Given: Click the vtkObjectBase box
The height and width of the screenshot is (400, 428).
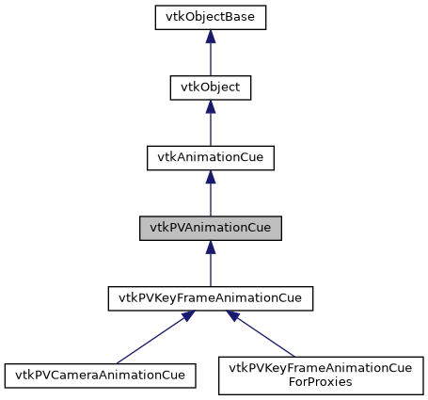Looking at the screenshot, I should pyautogui.click(x=210, y=17).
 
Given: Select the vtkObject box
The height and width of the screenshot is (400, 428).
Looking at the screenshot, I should pyautogui.click(x=210, y=88).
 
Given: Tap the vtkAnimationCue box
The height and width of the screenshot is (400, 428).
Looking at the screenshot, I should pyautogui.click(x=210, y=158).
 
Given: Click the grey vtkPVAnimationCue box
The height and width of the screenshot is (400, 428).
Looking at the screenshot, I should pyautogui.click(x=210, y=229).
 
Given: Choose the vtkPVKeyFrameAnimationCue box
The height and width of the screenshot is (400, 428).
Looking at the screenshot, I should pyautogui.click(x=210, y=299).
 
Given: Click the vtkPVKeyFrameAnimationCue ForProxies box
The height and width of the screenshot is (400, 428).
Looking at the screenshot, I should pyautogui.click(x=320, y=375).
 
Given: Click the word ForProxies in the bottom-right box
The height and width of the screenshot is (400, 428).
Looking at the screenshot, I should pyautogui.click(x=320, y=382).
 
